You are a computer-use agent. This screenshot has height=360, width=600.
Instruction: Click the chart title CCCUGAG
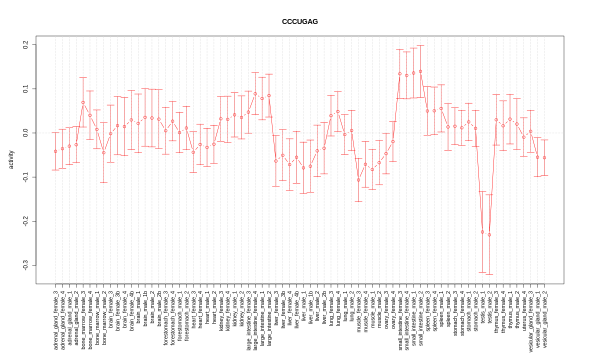[299, 21]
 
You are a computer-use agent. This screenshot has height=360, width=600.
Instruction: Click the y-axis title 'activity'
[11, 159]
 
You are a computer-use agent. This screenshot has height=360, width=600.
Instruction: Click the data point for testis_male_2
[489, 234]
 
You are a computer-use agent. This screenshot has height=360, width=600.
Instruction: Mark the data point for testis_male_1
[482, 232]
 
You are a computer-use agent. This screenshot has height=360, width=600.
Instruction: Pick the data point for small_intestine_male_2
[420, 71]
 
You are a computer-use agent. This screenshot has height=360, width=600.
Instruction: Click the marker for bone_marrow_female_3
[83, 102]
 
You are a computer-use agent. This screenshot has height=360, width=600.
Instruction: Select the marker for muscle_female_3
[358, 180]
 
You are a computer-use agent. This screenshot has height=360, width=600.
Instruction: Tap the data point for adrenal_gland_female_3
[55, 151]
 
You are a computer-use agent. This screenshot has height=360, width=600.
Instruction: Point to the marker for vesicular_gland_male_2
[544, 157]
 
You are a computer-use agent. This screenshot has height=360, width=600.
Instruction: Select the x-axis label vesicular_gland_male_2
[544, 318]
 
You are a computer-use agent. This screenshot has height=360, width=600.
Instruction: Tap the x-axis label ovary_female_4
[393, 309]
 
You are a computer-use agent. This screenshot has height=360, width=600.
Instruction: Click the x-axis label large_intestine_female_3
[248, 319]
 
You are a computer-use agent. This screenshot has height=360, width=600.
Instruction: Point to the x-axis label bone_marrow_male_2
[104, 315]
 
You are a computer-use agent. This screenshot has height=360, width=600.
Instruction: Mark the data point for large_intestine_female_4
[255, 93]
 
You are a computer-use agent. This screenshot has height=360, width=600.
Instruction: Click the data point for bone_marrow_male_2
[104, 152]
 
